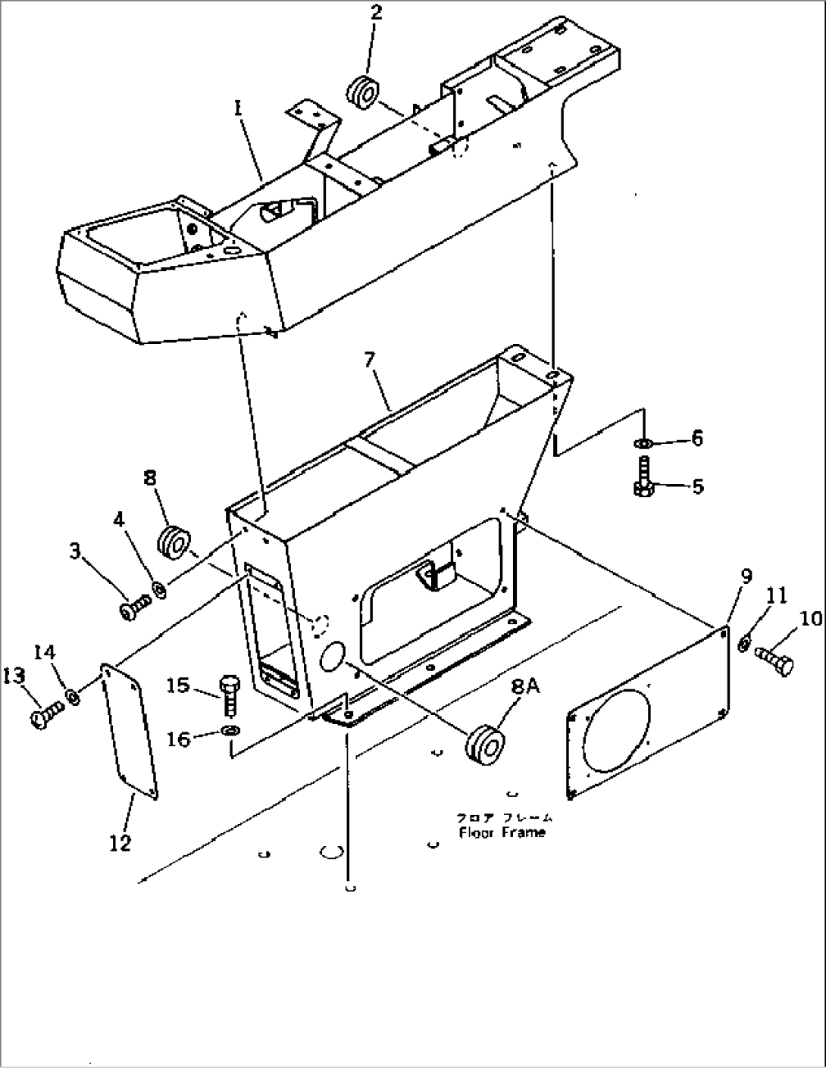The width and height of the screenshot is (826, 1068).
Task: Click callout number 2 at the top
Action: pyautogui.click(x=377, y=13)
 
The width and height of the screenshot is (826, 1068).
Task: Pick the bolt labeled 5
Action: pyautogui.click(x=643, y=482)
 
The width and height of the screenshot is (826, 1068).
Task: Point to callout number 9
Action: pyautogui.click(x=746, y=577)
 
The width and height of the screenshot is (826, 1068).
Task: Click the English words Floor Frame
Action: pyautogui.click(x=502, y=832)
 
